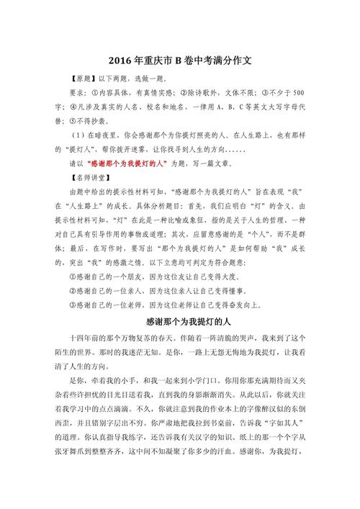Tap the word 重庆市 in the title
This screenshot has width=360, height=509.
[152, 62]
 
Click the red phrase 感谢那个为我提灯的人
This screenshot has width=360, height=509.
[129, 164]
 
